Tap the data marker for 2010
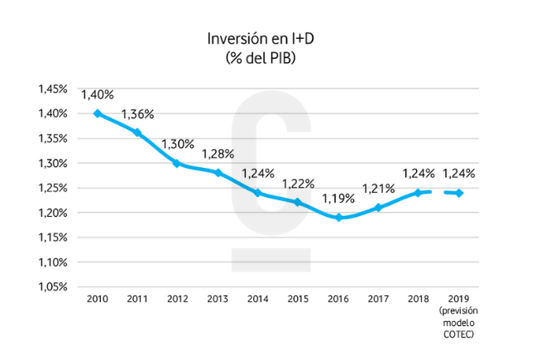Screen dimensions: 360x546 pyautogui.click(x=98, y=113)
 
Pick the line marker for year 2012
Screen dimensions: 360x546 pyautogui.click(x=177, y=163)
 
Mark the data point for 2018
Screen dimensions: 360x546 pyautogui.click(x=418, y=193)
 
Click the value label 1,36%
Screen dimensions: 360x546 pyautogui.click(x=138, y=113)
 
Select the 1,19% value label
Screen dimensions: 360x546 pyautogui.click(x=338, y=199)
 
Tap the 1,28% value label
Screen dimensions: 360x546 pyautogui.click(x=218, y=153)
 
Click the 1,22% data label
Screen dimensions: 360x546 pyautogui.click(x=298, y=183)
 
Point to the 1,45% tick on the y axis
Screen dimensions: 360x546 pyautogui.click(x=55, y=89)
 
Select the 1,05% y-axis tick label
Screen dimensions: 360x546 pyautogui.click(x=55, y=287)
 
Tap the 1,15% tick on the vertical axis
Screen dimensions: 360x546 pyautogui.click(x=55, y=238)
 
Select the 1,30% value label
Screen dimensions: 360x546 pyautogui.click(x=178, y=144)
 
